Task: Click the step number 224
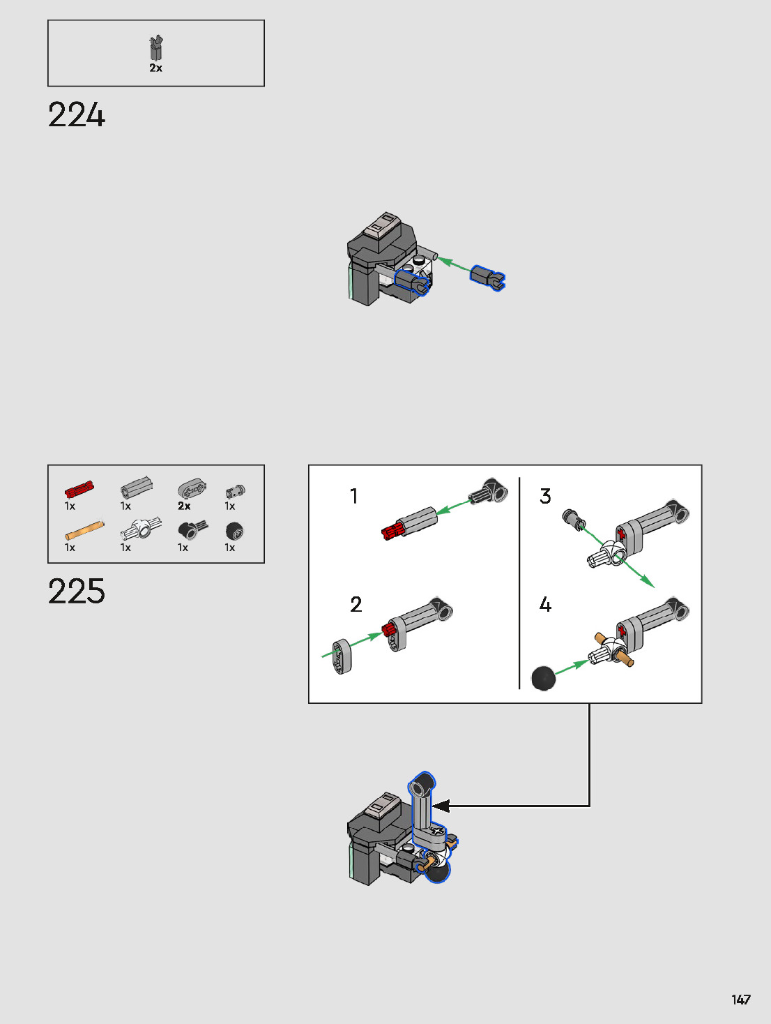coord(77,115)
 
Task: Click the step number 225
coord(77,592)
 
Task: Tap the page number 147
coord(740,1000)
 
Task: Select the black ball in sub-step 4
coord(544,677)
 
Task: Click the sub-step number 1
coord(354,496)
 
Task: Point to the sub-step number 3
coord(545,496)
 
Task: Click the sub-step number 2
coord(356,604)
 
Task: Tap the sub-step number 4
coord(545,604)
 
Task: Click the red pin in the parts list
coord(79,489)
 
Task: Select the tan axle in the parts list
coord(84,530)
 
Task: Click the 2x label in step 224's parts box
coord(155,68)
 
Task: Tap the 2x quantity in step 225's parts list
coord(184,506)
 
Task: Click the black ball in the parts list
coord(235,532)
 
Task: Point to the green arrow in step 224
coord(453,265)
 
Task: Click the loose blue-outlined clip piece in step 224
coord(487,277)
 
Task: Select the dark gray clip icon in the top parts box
coord(156,48)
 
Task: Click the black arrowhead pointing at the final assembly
coord(441,806)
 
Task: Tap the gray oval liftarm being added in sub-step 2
coord(342,657)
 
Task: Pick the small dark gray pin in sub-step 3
coord(574,519)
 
